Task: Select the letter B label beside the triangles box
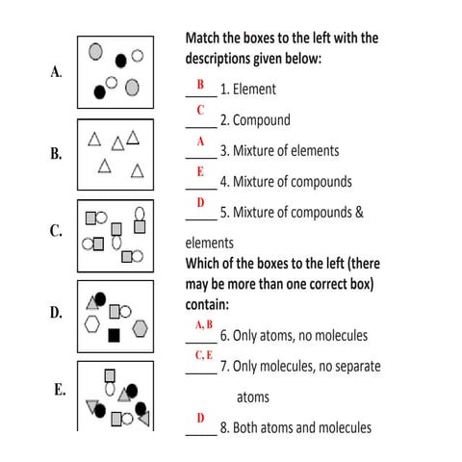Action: point(56,153)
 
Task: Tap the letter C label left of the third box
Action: point(56,231)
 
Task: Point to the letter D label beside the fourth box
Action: point(56,312)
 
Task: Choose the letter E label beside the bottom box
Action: point(60,390)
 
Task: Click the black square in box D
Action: point(115,335)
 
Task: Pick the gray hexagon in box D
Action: point(141,328)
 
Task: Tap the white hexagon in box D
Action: point(92,324)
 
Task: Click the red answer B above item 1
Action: point(200,85)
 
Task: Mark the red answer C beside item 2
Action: point(200,111)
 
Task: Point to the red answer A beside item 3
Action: point(200,141)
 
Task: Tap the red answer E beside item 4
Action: point(200,171)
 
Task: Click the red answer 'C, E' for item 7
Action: point(203,356)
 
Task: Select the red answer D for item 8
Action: point(200,418)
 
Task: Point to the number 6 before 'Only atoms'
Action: point(223,336)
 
